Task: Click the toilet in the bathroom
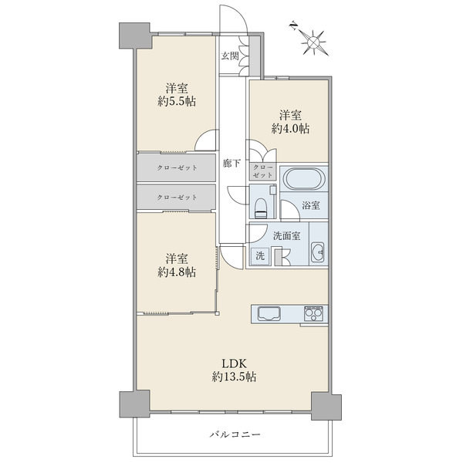(260, 208)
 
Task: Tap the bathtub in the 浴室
(303, 178)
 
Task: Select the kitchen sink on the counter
(269, 314)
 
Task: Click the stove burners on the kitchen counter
(313, 314)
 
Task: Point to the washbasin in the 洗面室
(318, 252)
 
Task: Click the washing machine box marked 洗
(260, 255)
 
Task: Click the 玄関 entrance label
(230, 56)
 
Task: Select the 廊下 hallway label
(231, 164)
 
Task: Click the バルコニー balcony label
(235, 434)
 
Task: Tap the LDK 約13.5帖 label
(234, 370)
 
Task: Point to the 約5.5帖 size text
(177, 102)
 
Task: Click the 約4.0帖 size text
(290, 129)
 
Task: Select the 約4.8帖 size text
(177, 272)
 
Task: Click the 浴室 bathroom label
(311, 205)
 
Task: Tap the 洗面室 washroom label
(286, 236)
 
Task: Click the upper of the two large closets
(176, 167)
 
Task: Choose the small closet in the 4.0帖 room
(262, 171)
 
